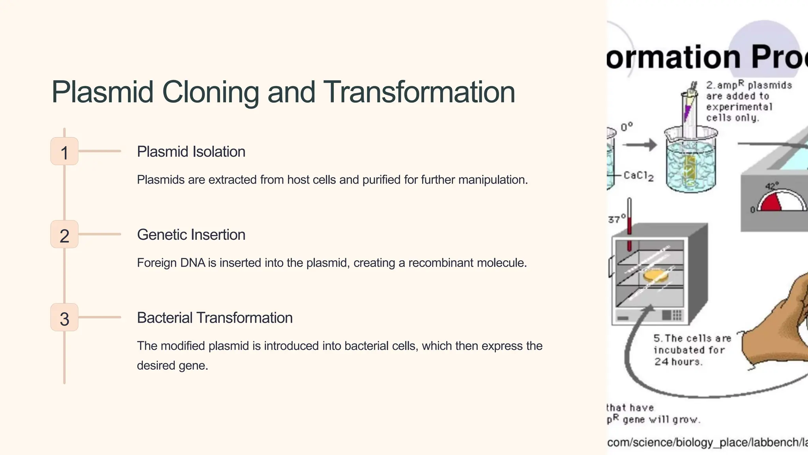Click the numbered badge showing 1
click(64, 152)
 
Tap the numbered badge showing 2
click(64, 235)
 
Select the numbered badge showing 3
click(64, 318)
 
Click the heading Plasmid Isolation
click(191, 152)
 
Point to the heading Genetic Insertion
click(191, 235)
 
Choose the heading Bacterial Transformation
click(215, 318)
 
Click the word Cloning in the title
click(210, 92)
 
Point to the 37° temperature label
click(617, 218)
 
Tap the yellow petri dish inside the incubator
click(656, 275)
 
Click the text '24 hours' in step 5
click(678, 362)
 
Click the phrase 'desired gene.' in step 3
click(172, 366)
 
